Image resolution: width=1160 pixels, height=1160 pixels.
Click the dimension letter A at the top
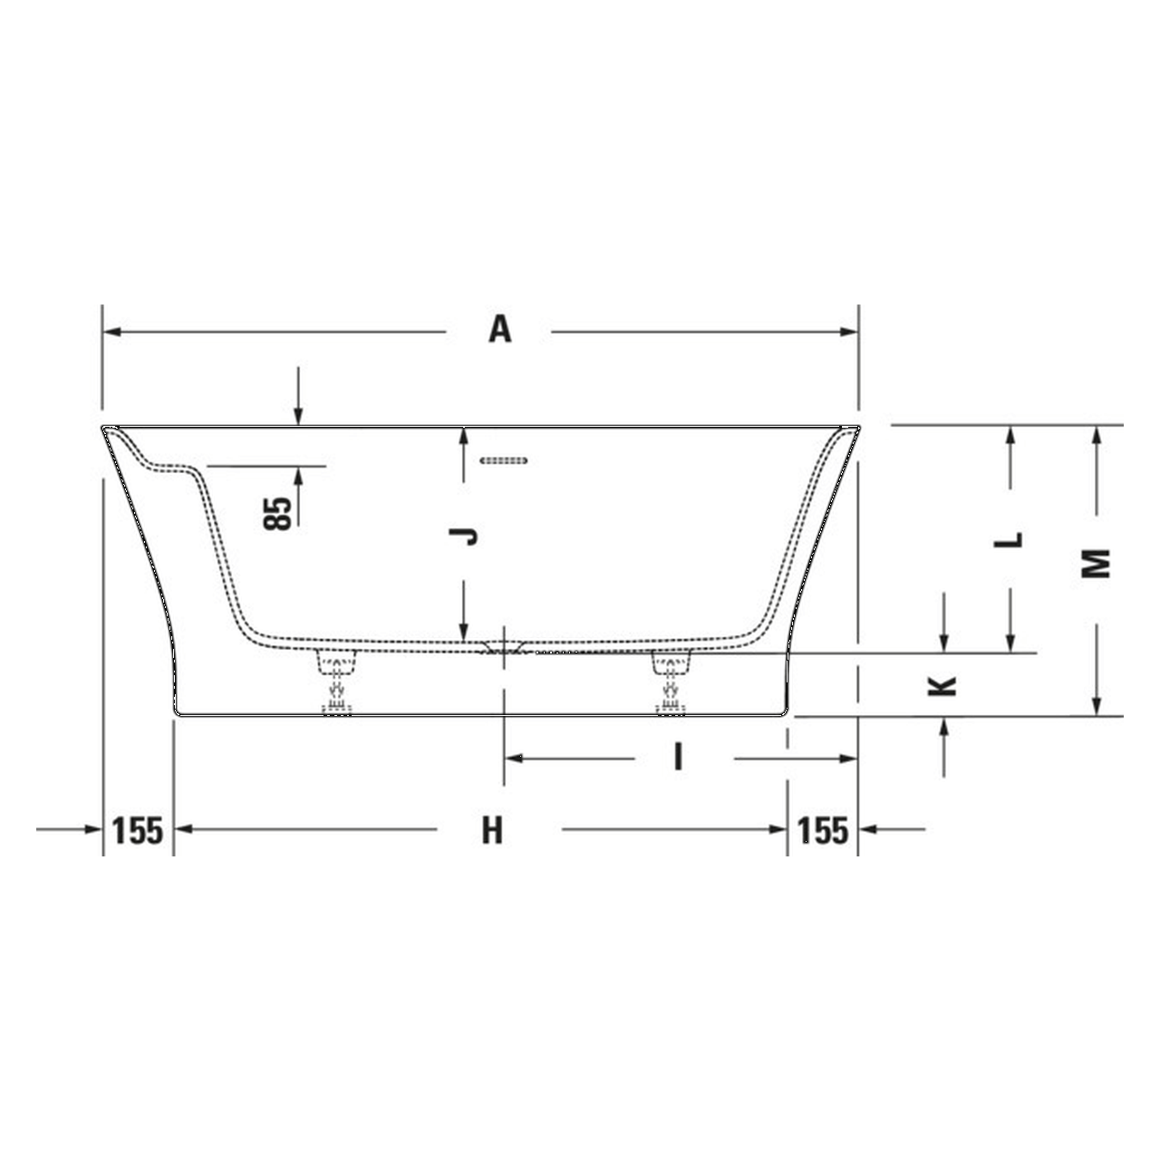500,329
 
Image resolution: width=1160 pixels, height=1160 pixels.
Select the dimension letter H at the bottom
491,829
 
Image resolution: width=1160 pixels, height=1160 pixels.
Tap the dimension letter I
677,756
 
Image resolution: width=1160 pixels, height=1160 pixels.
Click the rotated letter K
944,684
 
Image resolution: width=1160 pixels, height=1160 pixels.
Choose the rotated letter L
1010,539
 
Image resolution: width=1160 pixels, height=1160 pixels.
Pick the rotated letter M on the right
1097,564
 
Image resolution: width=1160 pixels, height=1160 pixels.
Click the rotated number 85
281,513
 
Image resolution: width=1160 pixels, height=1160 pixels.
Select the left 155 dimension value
137,829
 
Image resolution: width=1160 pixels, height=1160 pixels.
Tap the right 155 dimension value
823,829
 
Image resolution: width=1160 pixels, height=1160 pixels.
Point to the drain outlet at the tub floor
504,647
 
